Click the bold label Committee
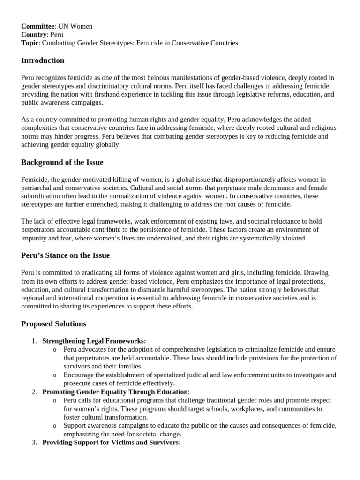point(38,26)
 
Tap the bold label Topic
point(30,43)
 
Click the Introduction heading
point(43,60)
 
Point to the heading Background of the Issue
point(62,162)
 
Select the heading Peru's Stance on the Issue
point(65,255)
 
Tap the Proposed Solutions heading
point(54,324)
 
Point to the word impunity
point(35,238)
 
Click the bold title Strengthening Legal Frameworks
point(93,341)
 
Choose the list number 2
point(34,391)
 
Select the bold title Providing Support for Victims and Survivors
point(110,442)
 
